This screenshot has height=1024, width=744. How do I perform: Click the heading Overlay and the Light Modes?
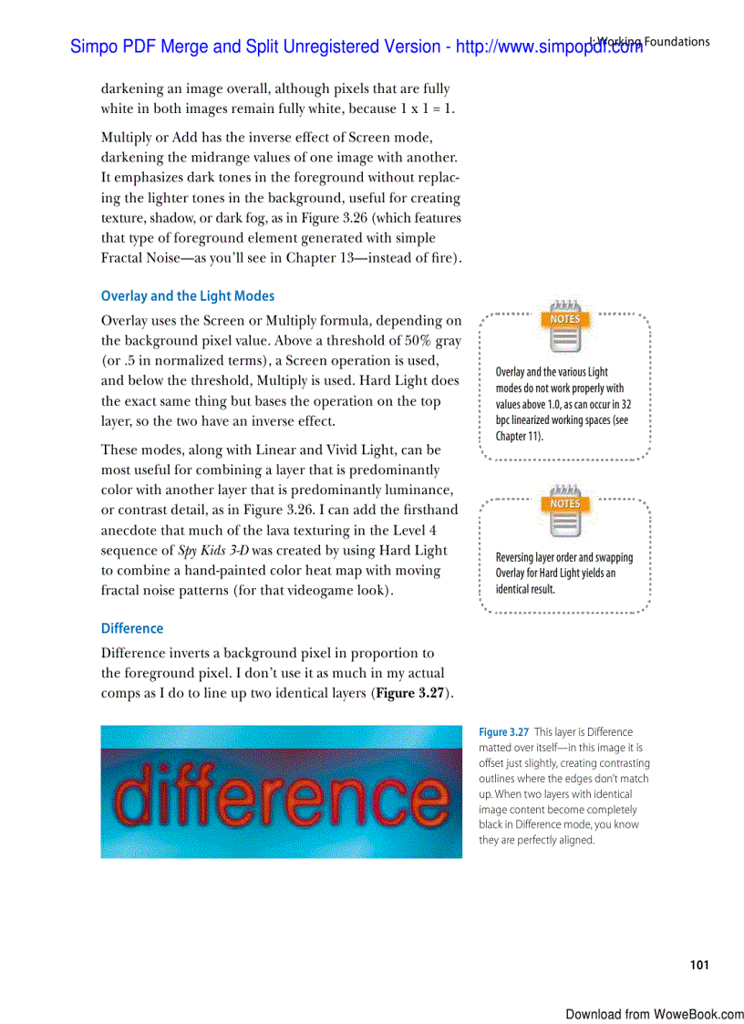(x=187, y=296)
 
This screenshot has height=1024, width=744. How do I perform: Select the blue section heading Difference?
(x=132, y=628)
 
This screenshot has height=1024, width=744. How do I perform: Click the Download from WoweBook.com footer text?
(x=654, y=1014)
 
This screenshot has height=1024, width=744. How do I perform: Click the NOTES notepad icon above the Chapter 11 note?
(x=564, y=326)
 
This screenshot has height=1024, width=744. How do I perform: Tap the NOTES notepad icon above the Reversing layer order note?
(x=564, y=510)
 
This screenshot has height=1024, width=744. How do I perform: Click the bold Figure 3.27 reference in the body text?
(x=414, y=693)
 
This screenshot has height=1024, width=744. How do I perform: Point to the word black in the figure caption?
(x=492, y=825)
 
